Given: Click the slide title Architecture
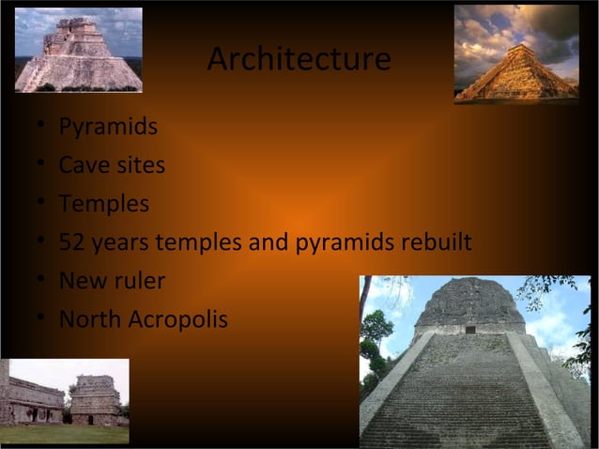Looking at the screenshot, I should (x=299, y=59).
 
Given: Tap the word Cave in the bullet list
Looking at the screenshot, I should (x=82, y=165).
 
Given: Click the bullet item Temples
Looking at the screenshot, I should (x=103, y=204).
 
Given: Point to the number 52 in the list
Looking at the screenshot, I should (x=72, y=242).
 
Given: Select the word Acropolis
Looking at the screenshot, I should (x=177, y=320).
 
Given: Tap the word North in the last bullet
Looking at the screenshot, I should (x=89, y=319).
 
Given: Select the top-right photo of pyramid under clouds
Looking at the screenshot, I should (x=516, y=53).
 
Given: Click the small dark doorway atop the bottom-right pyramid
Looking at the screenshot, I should (x=470, y=329).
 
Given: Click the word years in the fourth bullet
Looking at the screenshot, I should (x=121, y=243).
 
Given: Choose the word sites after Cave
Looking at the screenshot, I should (x=139, y=165).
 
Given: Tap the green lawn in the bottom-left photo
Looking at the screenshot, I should (x=64, y=433).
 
